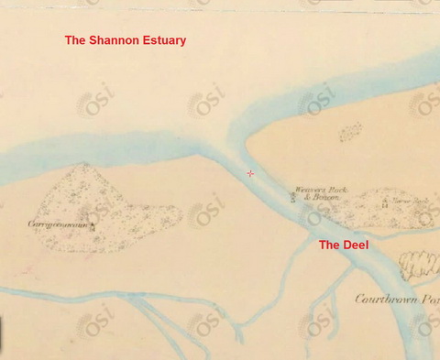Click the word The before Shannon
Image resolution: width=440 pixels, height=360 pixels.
pyautogui.click(x=76, y=40)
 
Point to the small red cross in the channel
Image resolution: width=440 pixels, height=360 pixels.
pyautogui.click(x=250, y=173)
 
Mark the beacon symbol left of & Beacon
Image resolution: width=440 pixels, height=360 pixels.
pyautogui.click(x=293, y=197)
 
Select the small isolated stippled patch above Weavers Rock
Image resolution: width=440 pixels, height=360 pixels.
pyautogui.click(x=350, y=134)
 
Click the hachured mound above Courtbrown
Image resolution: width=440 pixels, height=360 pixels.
pyautogui.click(x=421, y=267)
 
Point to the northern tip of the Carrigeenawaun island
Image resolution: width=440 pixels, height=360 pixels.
pyautogui.click(x=86, y=165)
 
